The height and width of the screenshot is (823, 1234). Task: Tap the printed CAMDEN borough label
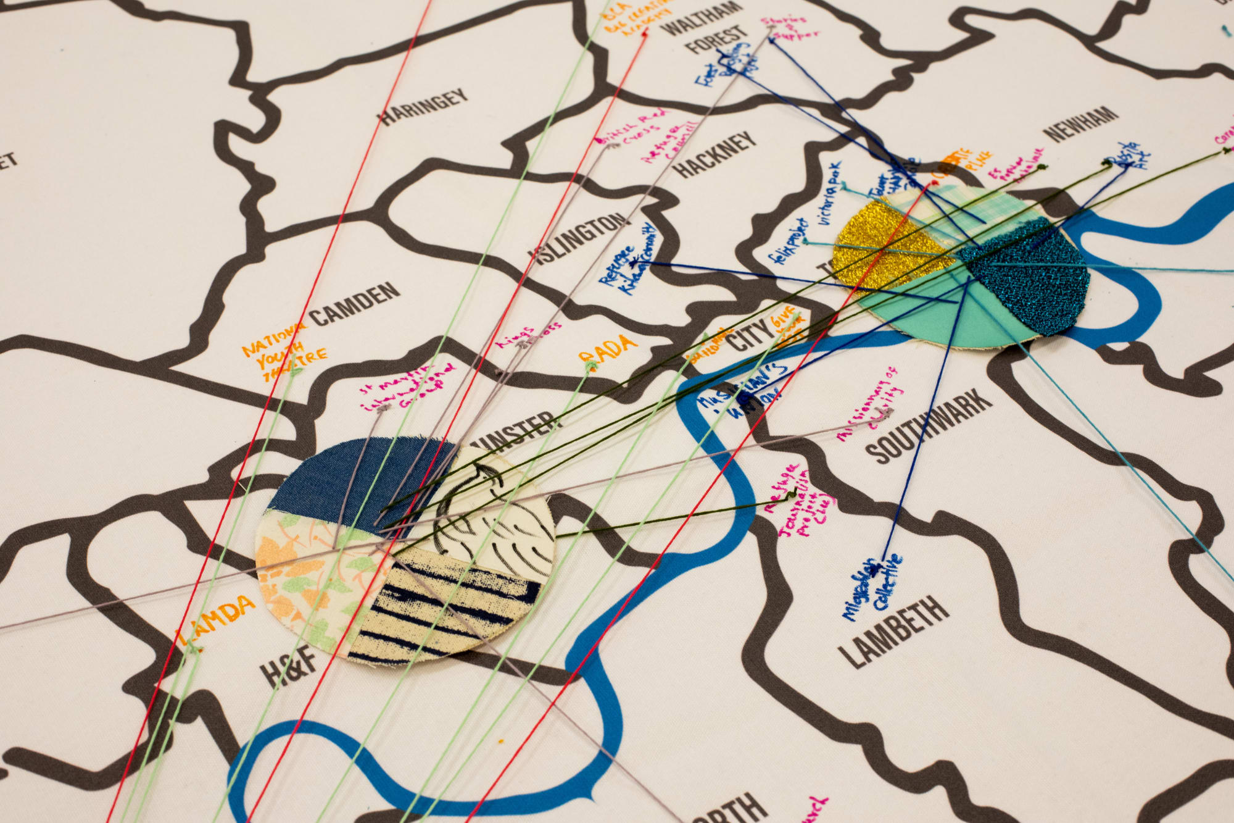pyautogui.click(x=354, y=305)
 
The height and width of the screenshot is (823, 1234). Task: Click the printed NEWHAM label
pyautogui.click(x=1080, y=123)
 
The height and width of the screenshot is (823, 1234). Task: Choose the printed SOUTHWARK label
pyautogui.click(x=929, y=426)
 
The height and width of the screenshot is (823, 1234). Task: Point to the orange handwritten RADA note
pyautogui.click(x=607, y=348)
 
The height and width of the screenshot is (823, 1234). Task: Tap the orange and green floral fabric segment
pyautogui.click(x=308, y=580)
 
